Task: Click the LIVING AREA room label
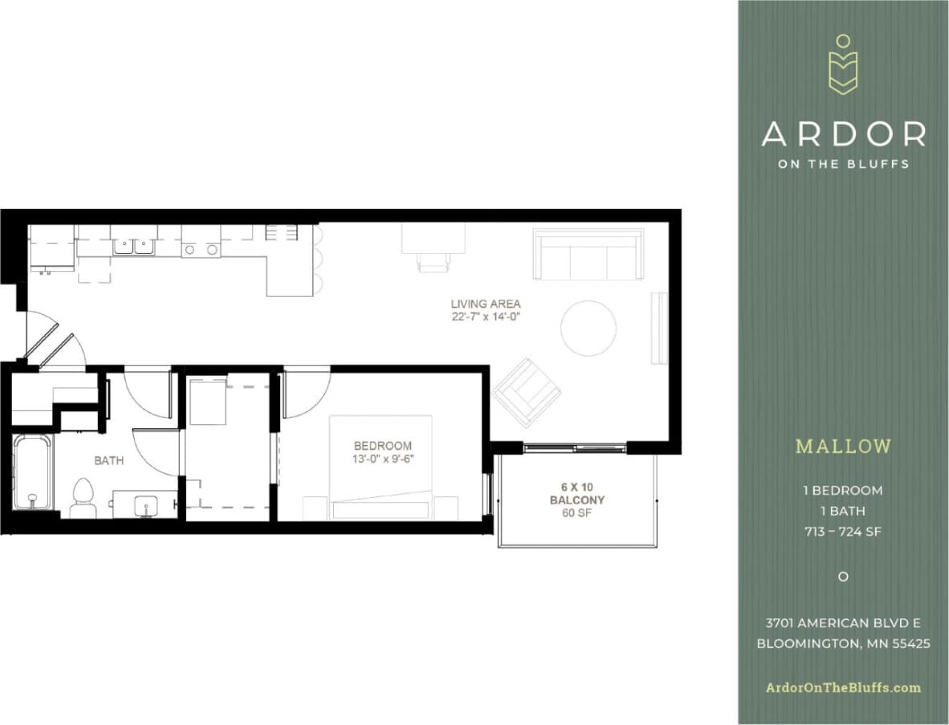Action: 485,304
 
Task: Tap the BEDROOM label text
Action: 383,446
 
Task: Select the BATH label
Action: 109,461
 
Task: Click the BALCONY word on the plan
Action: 576,500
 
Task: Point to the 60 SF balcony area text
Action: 576,513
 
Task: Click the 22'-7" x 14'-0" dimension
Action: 485,317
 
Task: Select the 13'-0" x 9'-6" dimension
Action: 383,458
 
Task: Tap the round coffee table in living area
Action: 589,328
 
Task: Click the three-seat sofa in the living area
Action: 589,255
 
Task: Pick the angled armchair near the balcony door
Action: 527,392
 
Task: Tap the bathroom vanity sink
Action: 145,504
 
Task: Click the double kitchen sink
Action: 134,246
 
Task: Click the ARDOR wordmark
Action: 843,134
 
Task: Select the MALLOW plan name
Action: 843,446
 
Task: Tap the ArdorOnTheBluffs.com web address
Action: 843,687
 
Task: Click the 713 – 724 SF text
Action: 843,532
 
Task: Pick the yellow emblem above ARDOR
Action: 843,64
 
